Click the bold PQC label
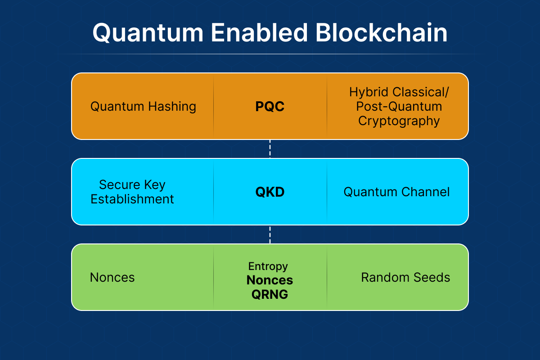click(270, 107)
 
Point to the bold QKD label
click(270, 192)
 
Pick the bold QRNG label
click(270, 294)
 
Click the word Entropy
click(268, 266)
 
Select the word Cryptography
click(399, 121)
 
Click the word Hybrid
click(370, 92)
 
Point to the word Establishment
click(132, 199)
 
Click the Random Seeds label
click(405, 277)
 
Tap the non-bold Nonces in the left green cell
click(112, 277)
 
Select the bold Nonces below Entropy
click(270, 280)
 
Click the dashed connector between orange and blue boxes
click(270, 148)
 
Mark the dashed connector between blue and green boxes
click(270, 234)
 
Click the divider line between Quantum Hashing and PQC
click(213, 107)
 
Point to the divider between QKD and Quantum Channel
click(327, 192)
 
